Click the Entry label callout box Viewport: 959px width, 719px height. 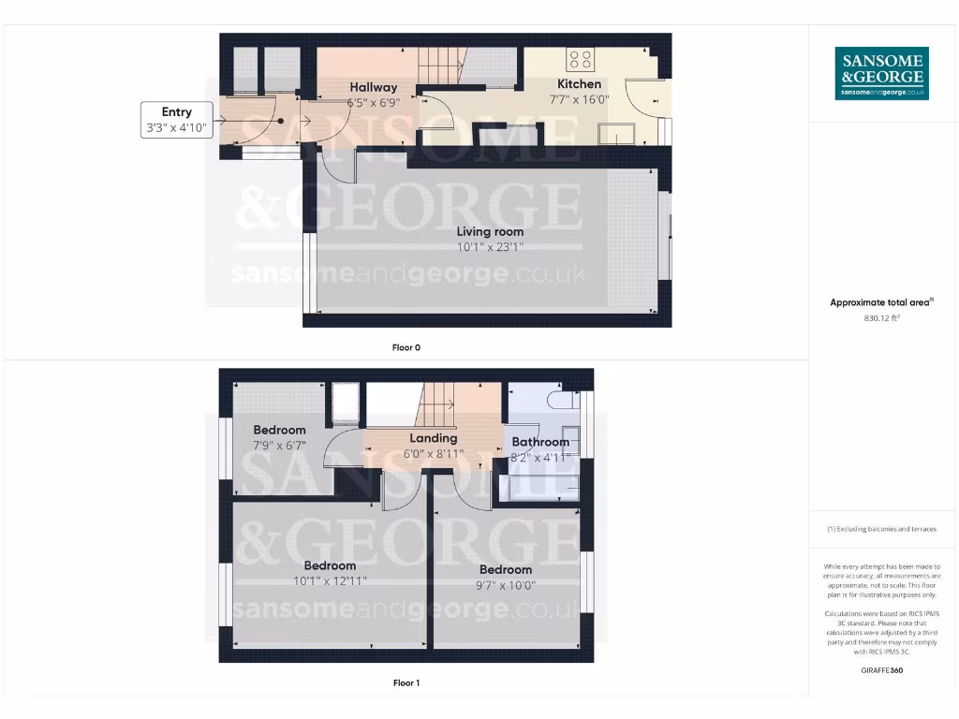(176, 121)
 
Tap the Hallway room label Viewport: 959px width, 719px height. (374, 87)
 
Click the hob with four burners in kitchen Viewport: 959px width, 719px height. (580, 60)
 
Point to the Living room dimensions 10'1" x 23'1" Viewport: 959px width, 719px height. (490, 247)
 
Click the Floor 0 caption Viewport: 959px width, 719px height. (406, 347)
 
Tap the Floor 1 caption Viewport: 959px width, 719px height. (406, 683)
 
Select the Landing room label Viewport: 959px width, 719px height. (434, 438)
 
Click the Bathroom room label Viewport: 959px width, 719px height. (540, 442)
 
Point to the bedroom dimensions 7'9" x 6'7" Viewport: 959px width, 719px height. (279, 446)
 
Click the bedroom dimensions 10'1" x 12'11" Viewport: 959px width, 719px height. (330, 580)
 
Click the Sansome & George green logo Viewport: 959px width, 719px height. (881, 73)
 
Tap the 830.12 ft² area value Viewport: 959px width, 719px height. (881, 318)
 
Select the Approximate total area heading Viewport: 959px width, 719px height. (881, 302)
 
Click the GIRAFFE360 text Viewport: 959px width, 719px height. (881, 670)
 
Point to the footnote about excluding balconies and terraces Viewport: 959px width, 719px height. (881, 529)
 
